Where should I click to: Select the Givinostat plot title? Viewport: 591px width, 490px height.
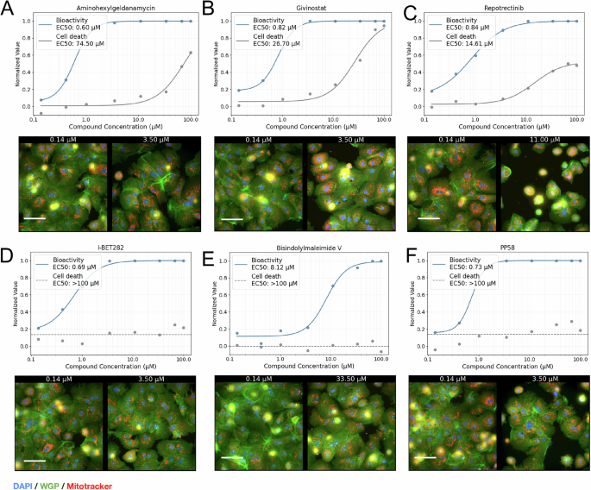point(305,7)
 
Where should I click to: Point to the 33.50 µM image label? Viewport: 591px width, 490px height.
point(347,379)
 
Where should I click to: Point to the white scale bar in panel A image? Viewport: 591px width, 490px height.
point(35,217)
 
